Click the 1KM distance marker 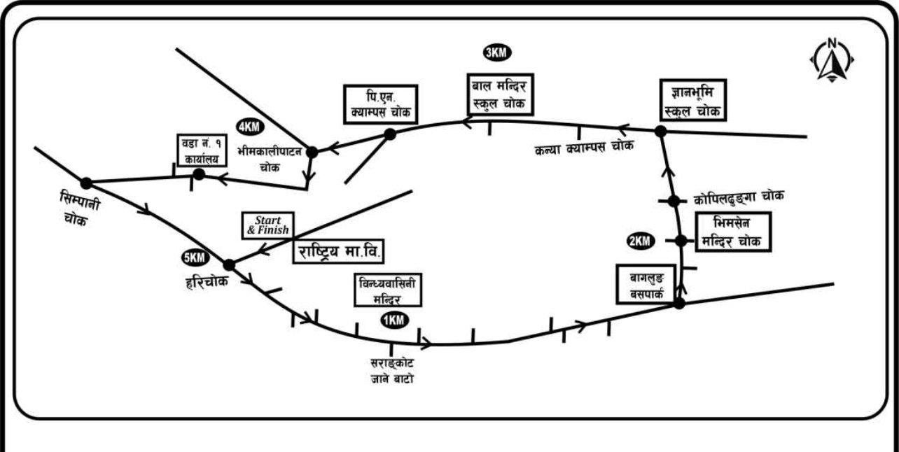pyautogui.click(x=393, y=320)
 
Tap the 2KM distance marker pyautogui.click(x=640, y=241)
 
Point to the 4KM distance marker pyautogui.click(x=250, y=127)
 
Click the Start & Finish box pyautogui.click(x=266, y=225)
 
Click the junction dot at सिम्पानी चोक pyautogui.click(x=86, y=183)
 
